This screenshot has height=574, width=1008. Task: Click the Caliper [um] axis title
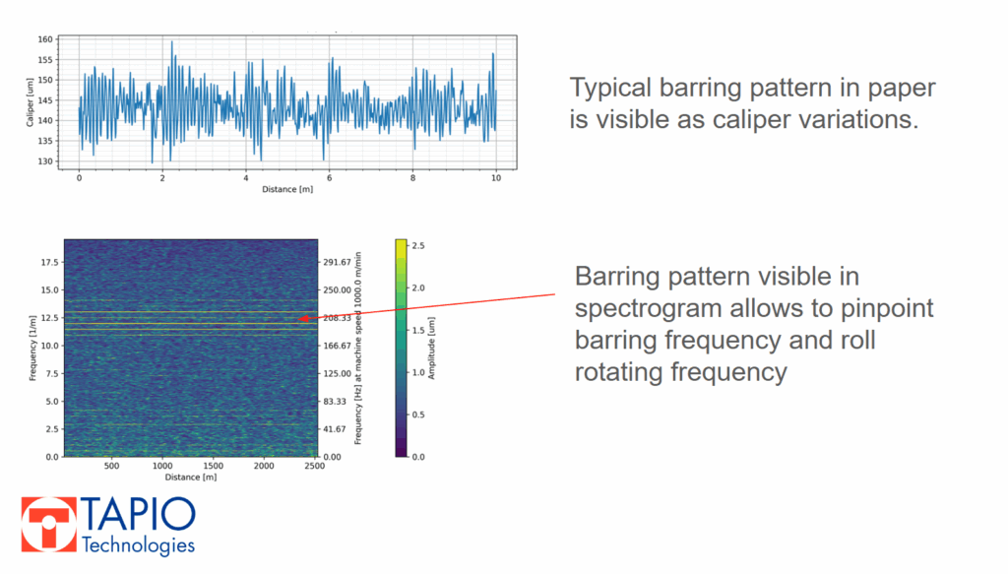click(x=30, y=101)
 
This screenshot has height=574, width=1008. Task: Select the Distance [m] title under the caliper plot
click(x=287, y=189)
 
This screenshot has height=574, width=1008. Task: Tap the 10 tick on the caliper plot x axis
click(x=496, y=178)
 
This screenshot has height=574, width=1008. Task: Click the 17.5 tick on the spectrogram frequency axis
click(x=48, y=262)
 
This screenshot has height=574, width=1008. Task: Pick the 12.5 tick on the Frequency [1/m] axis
click(x=48, y=318)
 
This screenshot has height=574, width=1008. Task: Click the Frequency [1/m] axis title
click(x=31, y=348)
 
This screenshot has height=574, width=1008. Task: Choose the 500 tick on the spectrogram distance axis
click(x=111, y=467)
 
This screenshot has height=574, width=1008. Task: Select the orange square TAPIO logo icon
click(x=48, y=525)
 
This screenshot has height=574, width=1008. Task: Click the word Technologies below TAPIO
click(x=138, y=544)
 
